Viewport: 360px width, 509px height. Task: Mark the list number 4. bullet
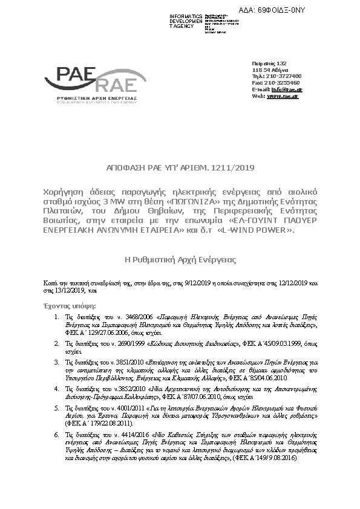click(56, 389)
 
